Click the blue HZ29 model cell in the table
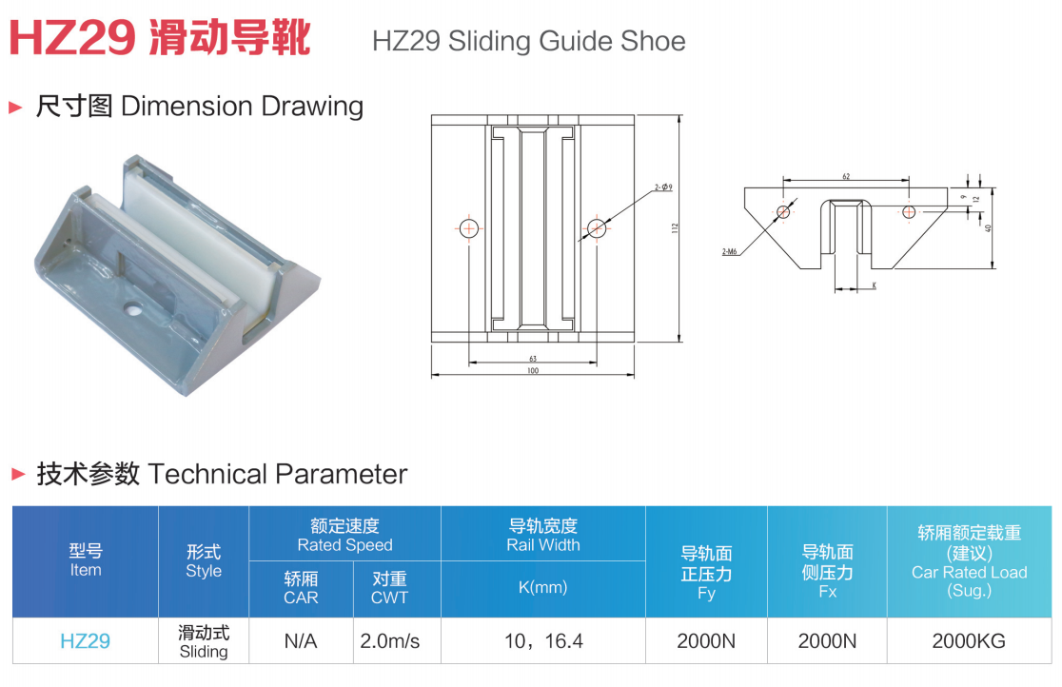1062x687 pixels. [86, 641]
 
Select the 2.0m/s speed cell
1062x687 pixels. [390, 641]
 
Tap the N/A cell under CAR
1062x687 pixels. [301, 641]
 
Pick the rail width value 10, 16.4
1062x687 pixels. [543, 641]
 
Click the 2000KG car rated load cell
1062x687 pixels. [969, 641]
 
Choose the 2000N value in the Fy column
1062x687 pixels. [706, 641]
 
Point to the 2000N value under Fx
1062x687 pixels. [827, 641]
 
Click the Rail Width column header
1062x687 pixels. [543, 536]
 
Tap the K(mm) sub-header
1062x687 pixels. [543, 587]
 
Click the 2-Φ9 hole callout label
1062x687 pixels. [664, 187]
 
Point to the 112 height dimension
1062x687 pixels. [675, 228]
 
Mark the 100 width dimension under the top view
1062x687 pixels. [533, 370]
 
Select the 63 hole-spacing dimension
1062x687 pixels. [533, 359]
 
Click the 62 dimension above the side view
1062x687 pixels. [846, 177]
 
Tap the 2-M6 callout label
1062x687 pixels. [730, 252]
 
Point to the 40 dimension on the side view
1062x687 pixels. [988, 228]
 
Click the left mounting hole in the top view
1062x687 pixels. [469, 228]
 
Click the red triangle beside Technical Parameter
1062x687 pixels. [18, 474]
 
